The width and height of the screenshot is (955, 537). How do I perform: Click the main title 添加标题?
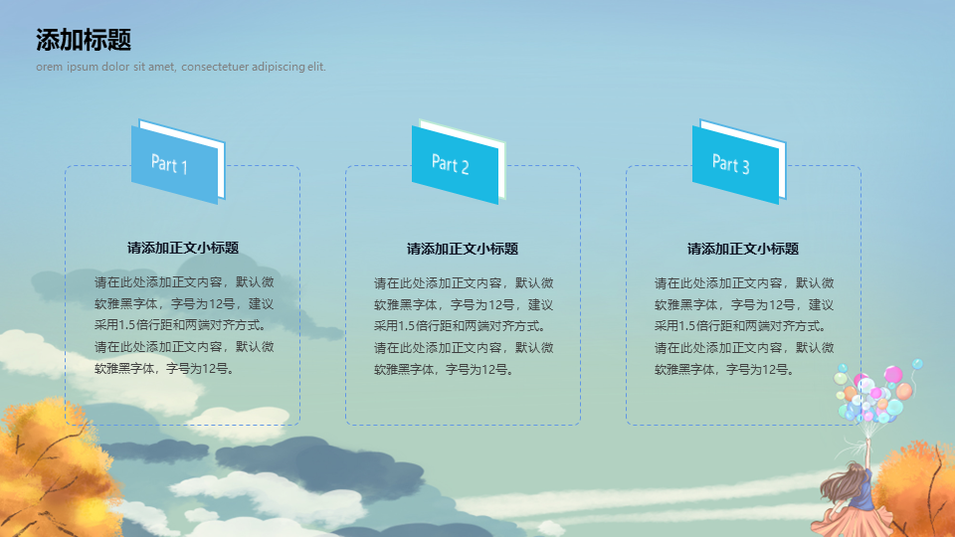pyautogui.click(x=84, y=40)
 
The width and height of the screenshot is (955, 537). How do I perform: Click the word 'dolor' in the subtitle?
pyautogui.click(x=115, y=67)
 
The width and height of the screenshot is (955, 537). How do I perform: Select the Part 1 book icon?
pyautogui.click(x=178, y=161)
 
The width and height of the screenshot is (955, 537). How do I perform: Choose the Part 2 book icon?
pyautogui.click(x=459, y=161)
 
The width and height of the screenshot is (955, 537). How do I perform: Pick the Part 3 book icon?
pyautogui.click(x=739, y=161)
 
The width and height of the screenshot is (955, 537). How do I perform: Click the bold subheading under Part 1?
pyautogui.click(x=183, y=248)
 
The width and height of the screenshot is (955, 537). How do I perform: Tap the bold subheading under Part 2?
pyautogui.click(x=463, y=249)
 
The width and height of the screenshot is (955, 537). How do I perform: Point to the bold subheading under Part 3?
pyautogui.click(x=742, y=249)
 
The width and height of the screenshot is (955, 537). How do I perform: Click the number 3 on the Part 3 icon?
pyautogui.click(x=745, y=166)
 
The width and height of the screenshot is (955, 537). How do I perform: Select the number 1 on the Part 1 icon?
pyautogui.click(x=184, y=167)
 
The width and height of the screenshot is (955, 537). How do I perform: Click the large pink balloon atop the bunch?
pyautogui.click(x=893, y=374)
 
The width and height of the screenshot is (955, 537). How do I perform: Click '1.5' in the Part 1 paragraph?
pyautogui.click(x=128, y=325)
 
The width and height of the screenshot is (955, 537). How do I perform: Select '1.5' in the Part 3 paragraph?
pyautogui.click(x=688, y=326)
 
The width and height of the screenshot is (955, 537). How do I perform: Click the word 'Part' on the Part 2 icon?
pyautogui.click(x=444, y=162)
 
